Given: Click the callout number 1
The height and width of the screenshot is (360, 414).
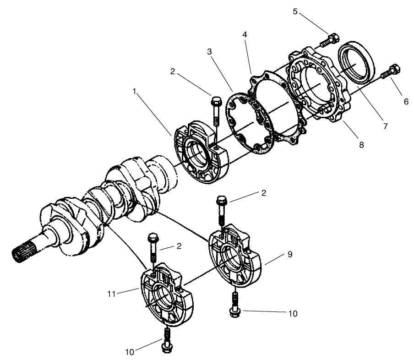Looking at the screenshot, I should tap(134, 91).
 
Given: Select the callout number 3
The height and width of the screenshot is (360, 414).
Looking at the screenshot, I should tap(209, 52).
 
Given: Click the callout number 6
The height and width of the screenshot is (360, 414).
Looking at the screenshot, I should tap(406, 102).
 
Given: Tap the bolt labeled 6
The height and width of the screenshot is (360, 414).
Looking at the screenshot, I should tap(393, 71).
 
